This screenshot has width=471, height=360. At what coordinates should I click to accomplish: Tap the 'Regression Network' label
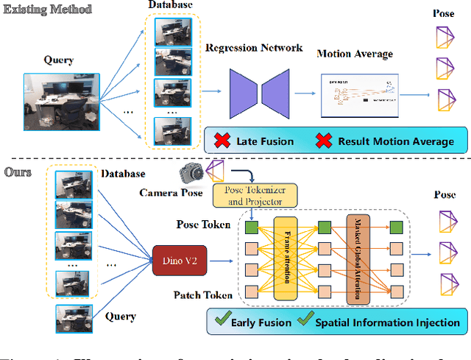click(254, 48)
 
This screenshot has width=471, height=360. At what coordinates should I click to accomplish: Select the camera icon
click(193, 174)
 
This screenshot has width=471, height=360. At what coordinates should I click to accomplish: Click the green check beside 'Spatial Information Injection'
click(305, 322)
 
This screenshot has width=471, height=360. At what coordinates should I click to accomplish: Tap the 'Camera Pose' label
click(170, 193)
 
